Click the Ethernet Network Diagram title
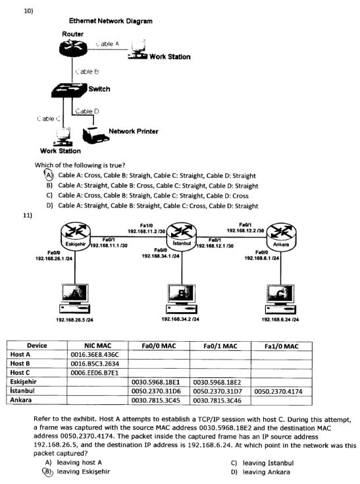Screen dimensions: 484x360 point(111,21)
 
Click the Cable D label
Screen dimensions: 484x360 point(88,111)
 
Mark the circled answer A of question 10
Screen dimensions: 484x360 point(48,175)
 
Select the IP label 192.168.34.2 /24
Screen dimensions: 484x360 point(180,319)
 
